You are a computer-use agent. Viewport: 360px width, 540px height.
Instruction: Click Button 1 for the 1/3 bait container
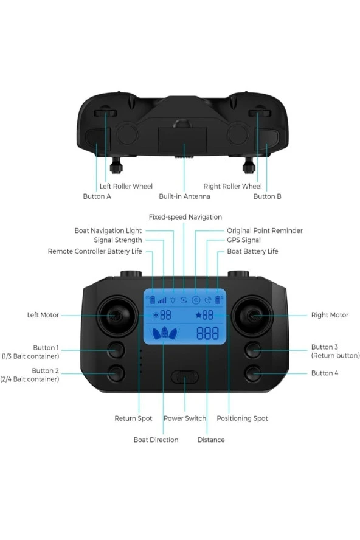[x=116, y=350]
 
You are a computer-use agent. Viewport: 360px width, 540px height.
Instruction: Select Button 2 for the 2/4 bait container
[x=116, y=373]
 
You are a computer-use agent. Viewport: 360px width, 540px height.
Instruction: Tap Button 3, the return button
[x=253, y=350]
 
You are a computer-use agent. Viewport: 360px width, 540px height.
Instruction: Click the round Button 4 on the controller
[x=253, y=373]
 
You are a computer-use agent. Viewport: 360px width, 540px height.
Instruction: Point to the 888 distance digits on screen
[x=207, y=333]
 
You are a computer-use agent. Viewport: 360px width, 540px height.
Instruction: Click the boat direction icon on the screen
[x=165, y=333]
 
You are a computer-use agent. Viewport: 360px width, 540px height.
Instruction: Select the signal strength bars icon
[x=162, y=300]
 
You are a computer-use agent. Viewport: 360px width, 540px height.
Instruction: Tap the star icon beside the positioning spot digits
[x=198, y=315]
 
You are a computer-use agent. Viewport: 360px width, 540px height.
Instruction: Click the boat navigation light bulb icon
[x=173, y=300]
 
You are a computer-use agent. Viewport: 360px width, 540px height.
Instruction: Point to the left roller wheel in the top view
[x=106, y=113]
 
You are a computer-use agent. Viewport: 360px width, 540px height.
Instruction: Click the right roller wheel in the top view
[x=260, y=113]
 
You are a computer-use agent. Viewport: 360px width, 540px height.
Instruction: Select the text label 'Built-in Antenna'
[x=184, y=196]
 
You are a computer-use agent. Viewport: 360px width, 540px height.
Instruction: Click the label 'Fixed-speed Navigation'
[x=185, y=217]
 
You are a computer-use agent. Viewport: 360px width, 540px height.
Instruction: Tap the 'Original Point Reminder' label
[x=265, y=230]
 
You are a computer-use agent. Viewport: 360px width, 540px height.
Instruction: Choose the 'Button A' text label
[x=97, y=196]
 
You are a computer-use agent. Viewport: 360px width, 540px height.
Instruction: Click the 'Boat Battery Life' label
[x=252, y=251]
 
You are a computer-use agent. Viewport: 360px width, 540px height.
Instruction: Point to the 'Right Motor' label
[x=330, y=315]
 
